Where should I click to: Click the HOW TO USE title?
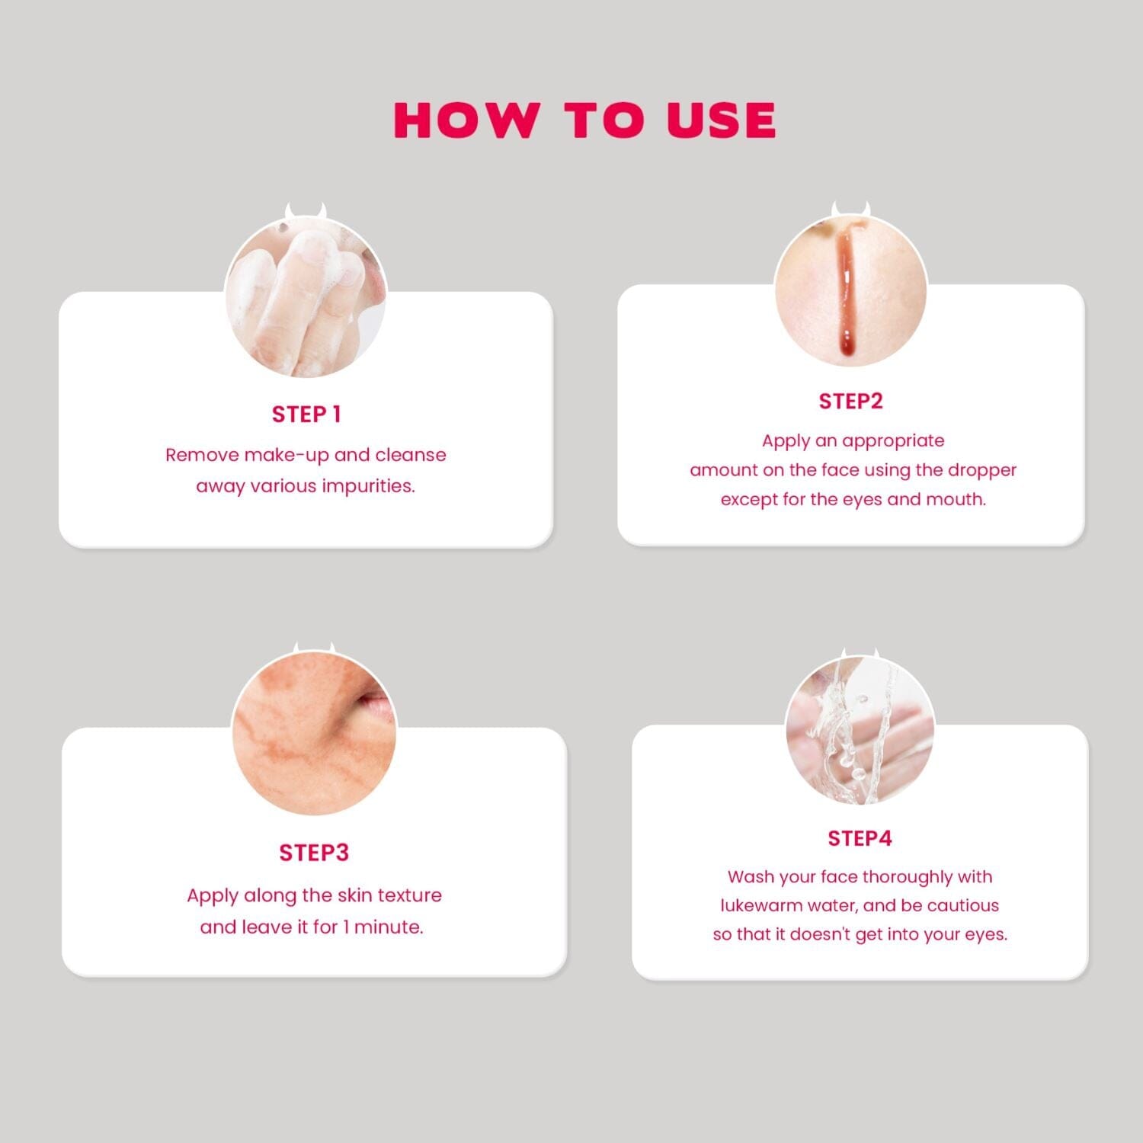pyautogui.click(x=585, y=120)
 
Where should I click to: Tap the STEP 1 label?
pyautogui.click(x=306, y=415)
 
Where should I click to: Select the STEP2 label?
pyautogui.click(x=850, y=402)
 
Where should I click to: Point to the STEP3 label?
pyautogui.click(x=314, y=853)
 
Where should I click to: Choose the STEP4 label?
pyautogui.click(x=860, y=839)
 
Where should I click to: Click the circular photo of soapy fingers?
pyautogui.click(x=306, y=297)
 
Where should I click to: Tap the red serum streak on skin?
pyautogui.click(x=845, y=293)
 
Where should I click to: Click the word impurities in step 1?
pyautogui.click(x=369, y=487)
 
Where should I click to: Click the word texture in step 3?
pyautogui.click(x=410, y=895)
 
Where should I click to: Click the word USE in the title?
pyautogui.click(x=722, y=120)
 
